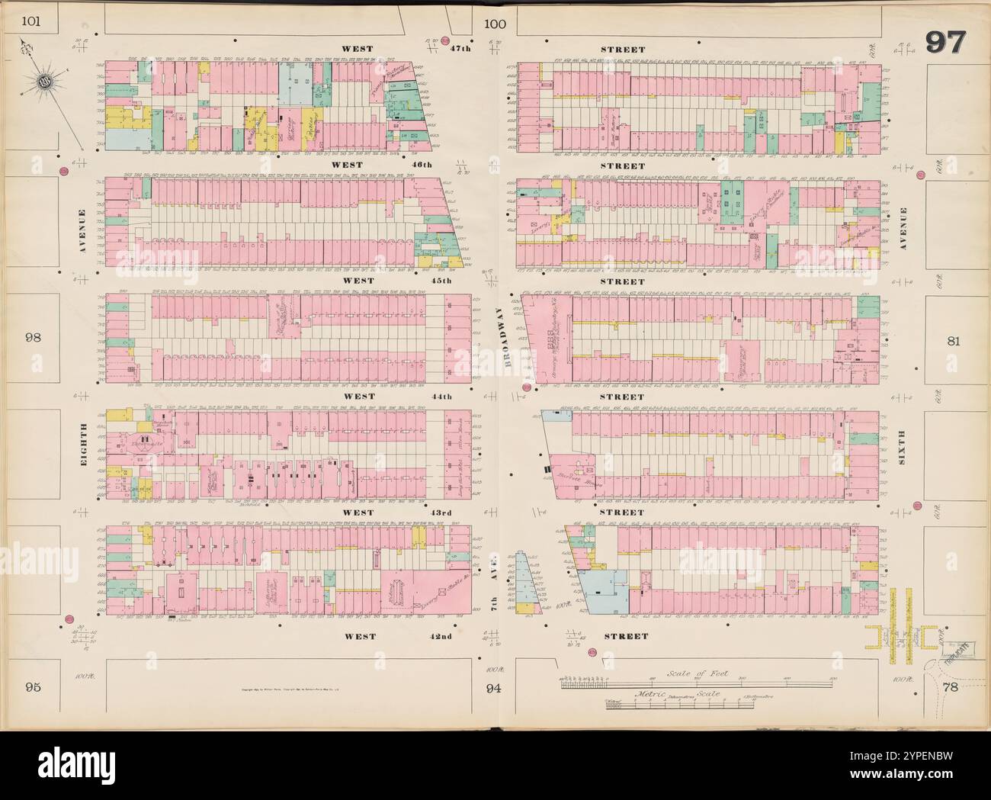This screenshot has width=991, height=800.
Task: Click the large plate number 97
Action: coord(946,43)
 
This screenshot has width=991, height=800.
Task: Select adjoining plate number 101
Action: coord(30,21)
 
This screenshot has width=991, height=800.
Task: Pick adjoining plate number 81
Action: coord(953,341)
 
